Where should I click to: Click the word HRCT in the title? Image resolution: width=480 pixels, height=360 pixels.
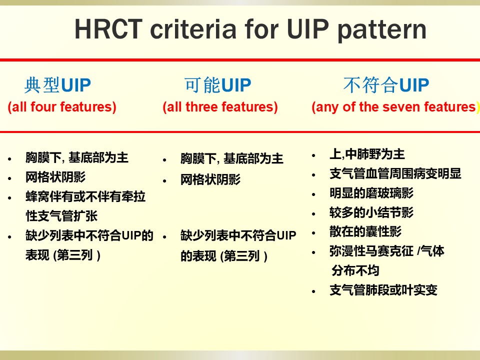pos(108,29)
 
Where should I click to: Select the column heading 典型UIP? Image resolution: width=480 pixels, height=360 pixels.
pos(58,85)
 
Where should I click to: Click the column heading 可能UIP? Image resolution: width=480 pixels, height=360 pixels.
pos(217,85)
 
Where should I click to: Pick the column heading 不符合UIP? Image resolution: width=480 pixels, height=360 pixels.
pos(386,85)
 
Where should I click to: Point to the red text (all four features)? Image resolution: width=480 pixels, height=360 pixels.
pos(62,107)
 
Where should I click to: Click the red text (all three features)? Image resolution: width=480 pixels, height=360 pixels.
pos(220,107)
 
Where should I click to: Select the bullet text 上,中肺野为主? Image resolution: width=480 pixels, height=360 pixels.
pos(367,154)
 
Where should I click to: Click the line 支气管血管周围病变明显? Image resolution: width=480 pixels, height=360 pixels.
pos(395,173)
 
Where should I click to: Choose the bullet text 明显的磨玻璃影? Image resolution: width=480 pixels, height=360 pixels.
pos(371,193)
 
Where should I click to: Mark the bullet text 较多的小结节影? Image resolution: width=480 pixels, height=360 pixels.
pos(371,212)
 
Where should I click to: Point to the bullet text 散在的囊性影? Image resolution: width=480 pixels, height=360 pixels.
pos(365,231)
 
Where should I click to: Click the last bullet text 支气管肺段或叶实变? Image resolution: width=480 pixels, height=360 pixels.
pos(383,290)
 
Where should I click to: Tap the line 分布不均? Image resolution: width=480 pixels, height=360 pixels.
pos(355,270)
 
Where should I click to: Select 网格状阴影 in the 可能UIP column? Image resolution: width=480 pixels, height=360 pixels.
pos(210,179)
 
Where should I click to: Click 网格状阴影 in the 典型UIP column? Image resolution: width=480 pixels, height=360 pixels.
pos(55,177)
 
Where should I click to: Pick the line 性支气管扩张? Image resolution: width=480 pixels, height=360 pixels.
pos(61,216)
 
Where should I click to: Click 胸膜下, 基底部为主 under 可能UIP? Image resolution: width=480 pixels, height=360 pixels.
pos(231,158)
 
